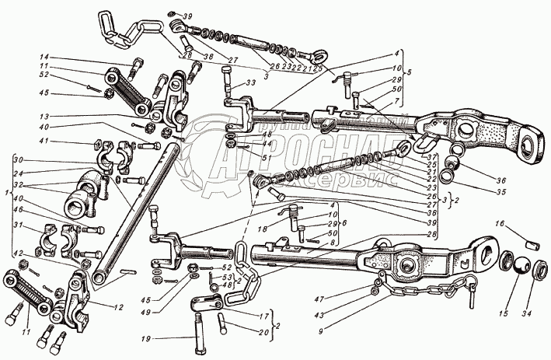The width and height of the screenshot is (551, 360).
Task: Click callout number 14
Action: pyautogui.click(x=44, y=58)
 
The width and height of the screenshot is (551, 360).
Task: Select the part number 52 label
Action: pyautogui.click(x=44, y=75)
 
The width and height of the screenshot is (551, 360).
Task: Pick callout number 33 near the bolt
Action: pyautogui.click(x=250, y=82)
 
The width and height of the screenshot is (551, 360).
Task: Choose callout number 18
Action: pyautogui.click(x=262, y=230)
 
